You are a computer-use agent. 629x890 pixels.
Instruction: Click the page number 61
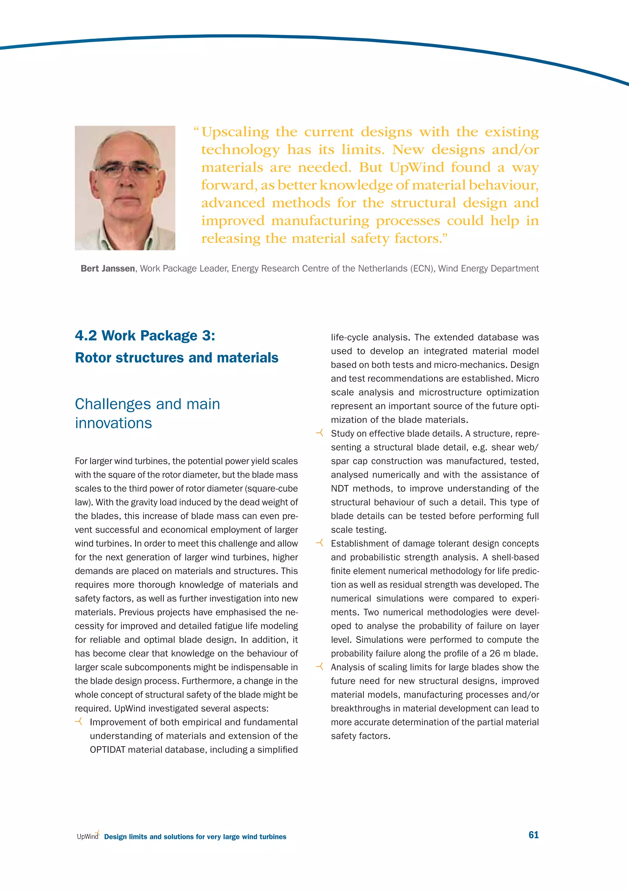(x=533, y=835)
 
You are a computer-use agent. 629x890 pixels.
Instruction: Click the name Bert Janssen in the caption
(x=108, y=269)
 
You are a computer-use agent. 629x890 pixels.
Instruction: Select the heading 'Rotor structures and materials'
(x=177, y=357)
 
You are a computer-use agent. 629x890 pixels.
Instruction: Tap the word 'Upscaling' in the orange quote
(x=235, y=132)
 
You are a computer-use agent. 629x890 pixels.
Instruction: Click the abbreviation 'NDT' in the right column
(x=340, y=488)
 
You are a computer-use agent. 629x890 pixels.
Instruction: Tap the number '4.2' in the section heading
(x=86, y=336)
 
